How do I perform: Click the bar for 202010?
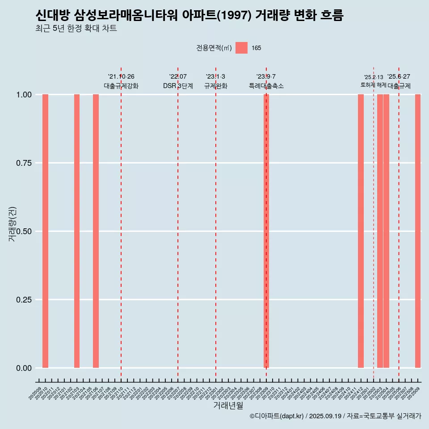45,231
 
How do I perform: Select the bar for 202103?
77,231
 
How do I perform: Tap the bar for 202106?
96,231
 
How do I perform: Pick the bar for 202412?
361,231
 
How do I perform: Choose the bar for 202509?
418,231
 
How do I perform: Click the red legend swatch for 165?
241,48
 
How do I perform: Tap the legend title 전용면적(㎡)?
214,48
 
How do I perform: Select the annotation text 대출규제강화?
121,86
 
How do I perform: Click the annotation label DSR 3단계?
178,86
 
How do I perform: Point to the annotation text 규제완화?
216,86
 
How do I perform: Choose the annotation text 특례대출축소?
266,86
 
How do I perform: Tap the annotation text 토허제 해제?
374,85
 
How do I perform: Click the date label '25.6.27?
399,77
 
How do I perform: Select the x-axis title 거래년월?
228,405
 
